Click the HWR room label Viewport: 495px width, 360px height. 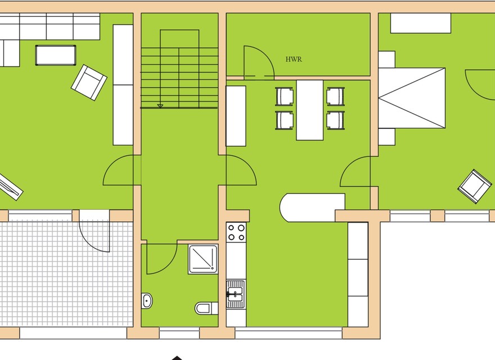[294, 59]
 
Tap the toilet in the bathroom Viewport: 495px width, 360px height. [206, 308]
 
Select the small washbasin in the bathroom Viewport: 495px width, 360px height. [147, 300]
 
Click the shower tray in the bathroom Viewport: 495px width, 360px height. [203, 259]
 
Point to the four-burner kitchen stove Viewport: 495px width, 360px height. [236, 232]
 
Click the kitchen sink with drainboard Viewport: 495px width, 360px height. [236, 294]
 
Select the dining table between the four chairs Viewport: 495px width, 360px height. [310, 110]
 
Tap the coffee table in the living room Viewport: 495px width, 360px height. [56, 55]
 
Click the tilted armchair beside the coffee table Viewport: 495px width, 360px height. [89, 83]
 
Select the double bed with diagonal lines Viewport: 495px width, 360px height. [412, 98]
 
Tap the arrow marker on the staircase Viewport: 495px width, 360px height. [160, 106]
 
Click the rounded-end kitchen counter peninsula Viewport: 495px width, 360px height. [312, 208]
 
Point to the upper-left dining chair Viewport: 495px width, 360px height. [285, 96]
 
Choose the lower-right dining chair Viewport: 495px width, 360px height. [335, 120]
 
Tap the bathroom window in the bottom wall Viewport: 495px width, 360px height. [179, 333]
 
